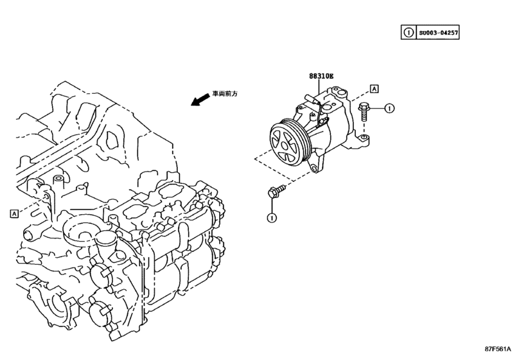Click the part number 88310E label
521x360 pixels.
pos(321,76)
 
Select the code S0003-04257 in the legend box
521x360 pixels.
pos(439,31)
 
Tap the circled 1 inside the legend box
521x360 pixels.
pos(407,31)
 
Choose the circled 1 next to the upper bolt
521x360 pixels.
pos(389,109)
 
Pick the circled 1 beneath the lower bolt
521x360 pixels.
pos(272,217)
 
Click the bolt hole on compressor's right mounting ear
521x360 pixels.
pos(364,137)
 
